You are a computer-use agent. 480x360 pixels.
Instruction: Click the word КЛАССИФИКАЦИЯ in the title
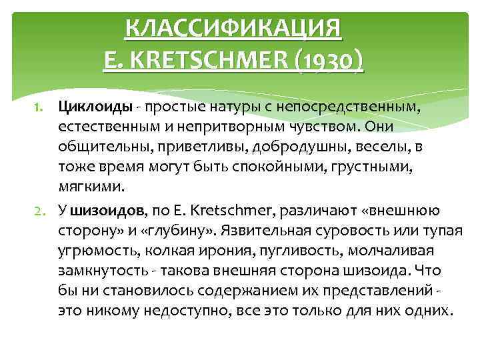point(233,29)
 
